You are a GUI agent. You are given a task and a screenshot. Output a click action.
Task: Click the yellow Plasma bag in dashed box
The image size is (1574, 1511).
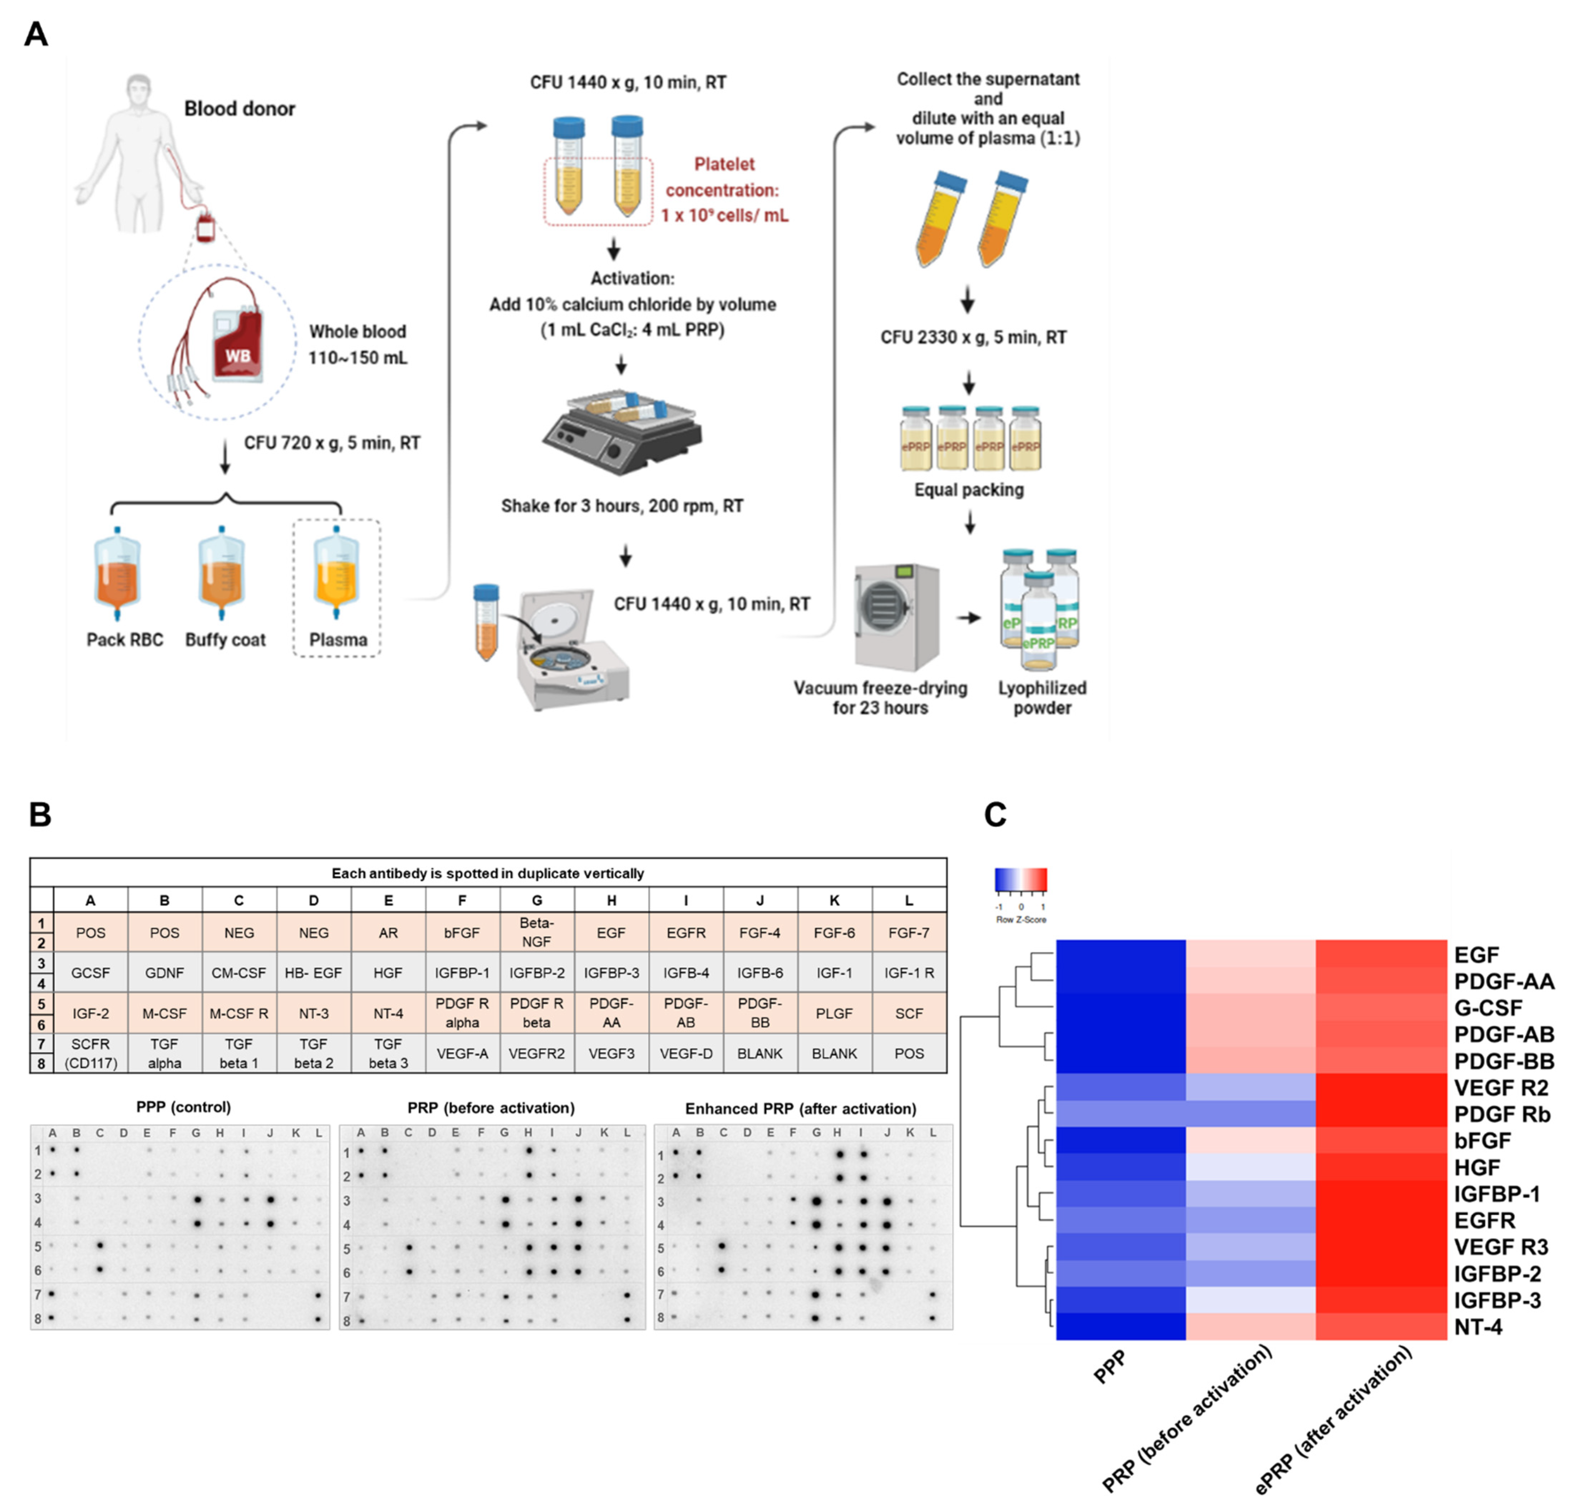[336, 574]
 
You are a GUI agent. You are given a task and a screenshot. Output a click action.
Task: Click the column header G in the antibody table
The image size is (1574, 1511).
[536, 900]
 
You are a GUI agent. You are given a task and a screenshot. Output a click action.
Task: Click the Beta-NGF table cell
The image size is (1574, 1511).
[536, 932]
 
